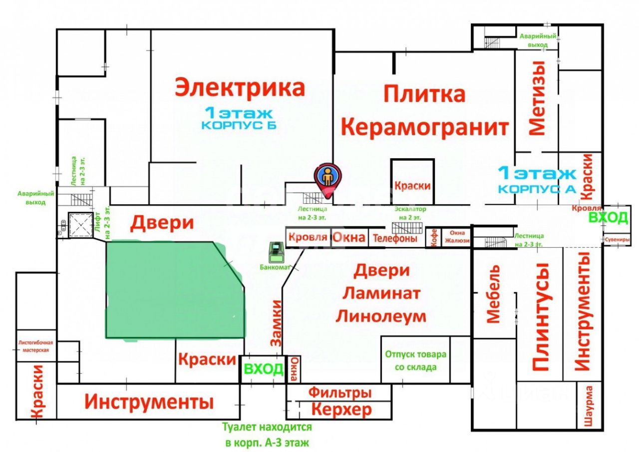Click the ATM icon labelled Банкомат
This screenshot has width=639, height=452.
[x=275, y=252]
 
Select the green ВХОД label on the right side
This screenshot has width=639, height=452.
[x=608, y=218]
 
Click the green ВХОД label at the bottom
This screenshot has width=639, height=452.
[x=263, y=369]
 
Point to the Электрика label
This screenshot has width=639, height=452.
[x=240, y=87]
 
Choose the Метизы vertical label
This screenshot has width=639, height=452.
[x=537, y=98]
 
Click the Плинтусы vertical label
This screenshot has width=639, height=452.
[x=540, y=317]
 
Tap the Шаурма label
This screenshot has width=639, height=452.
[x=590, y=406]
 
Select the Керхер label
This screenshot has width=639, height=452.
[x=341, y=410]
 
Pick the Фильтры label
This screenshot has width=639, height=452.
[x=339, y=393]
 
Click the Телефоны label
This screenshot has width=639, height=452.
[x=395, y=239]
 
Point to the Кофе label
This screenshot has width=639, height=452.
[x=433, y=238]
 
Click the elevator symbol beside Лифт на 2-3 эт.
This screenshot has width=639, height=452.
[x=78, y=224]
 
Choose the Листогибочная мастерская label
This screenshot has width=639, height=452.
[x=35, y=347]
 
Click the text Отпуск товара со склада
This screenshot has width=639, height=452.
[x=415, y=361]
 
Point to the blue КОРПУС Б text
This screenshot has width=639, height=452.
[x=239, y=125]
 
